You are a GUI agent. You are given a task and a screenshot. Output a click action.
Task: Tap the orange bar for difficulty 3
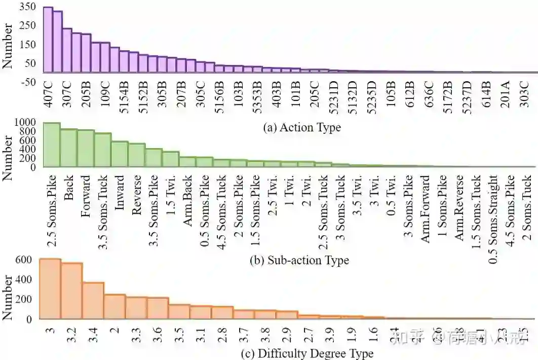click(x=50, y=289)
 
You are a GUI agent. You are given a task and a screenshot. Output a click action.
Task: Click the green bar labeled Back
click(x=69, y=148)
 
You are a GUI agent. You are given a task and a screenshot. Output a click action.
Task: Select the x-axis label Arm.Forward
click(x=426, y=208)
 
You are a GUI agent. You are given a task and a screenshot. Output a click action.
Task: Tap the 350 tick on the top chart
click(x=29, y=7)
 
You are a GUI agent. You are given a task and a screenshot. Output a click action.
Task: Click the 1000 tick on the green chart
click(x=26, y=122)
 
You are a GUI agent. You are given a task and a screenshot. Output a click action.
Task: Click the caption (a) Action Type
click(x=302, y=127)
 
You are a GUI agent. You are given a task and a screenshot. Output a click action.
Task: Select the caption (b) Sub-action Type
click(x=299, y=261)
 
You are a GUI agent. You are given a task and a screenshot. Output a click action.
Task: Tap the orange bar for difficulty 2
click(x=115, y=307)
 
